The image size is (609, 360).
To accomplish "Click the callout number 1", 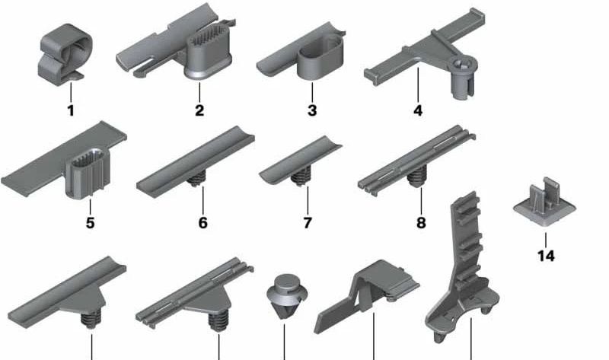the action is (71, 110).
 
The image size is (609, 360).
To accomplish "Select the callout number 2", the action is (199, 110).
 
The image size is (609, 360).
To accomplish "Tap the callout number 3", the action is (312, 110).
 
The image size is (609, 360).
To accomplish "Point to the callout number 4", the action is (417, 110).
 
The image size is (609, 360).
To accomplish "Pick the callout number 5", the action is (90, 223).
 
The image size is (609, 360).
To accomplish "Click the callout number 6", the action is (202, 223).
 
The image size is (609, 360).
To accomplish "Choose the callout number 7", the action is (308, 223).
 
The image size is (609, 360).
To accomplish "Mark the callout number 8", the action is (421, 223).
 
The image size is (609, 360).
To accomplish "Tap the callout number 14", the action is (546, 256).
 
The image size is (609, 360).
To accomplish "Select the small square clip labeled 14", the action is (544, 202).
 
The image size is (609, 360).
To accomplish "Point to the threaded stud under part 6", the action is (196, 179).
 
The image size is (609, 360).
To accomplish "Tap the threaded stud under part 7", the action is (301, 177).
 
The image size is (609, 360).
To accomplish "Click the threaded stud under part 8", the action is (416, 177).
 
